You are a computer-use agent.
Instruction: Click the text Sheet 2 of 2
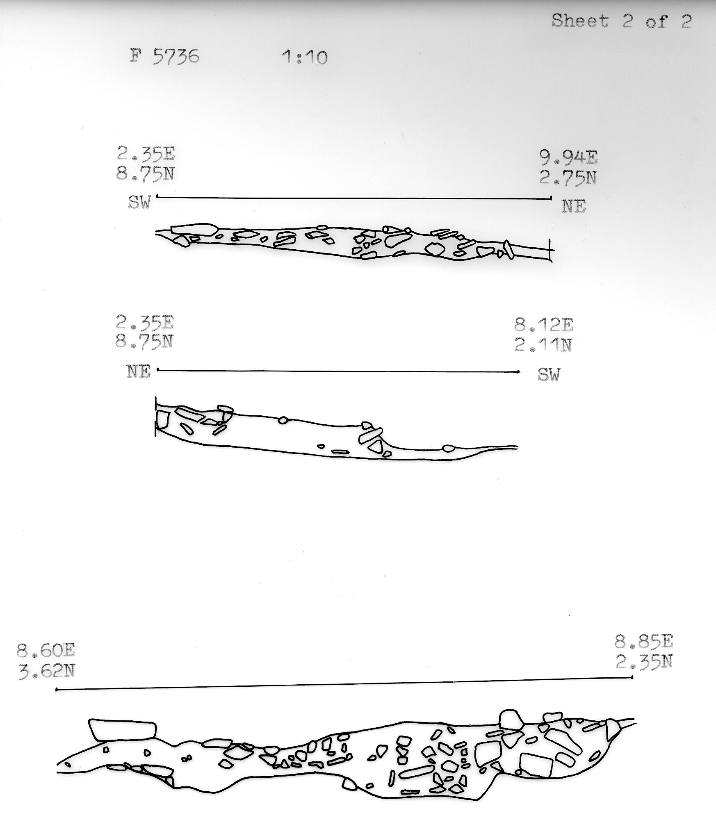point(622,21)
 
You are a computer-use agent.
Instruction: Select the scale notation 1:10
point(305,57)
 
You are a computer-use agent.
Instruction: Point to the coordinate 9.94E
point(568,158)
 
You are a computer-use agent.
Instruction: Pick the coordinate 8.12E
point(544,326)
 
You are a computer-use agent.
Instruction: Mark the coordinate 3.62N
point(46,671)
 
